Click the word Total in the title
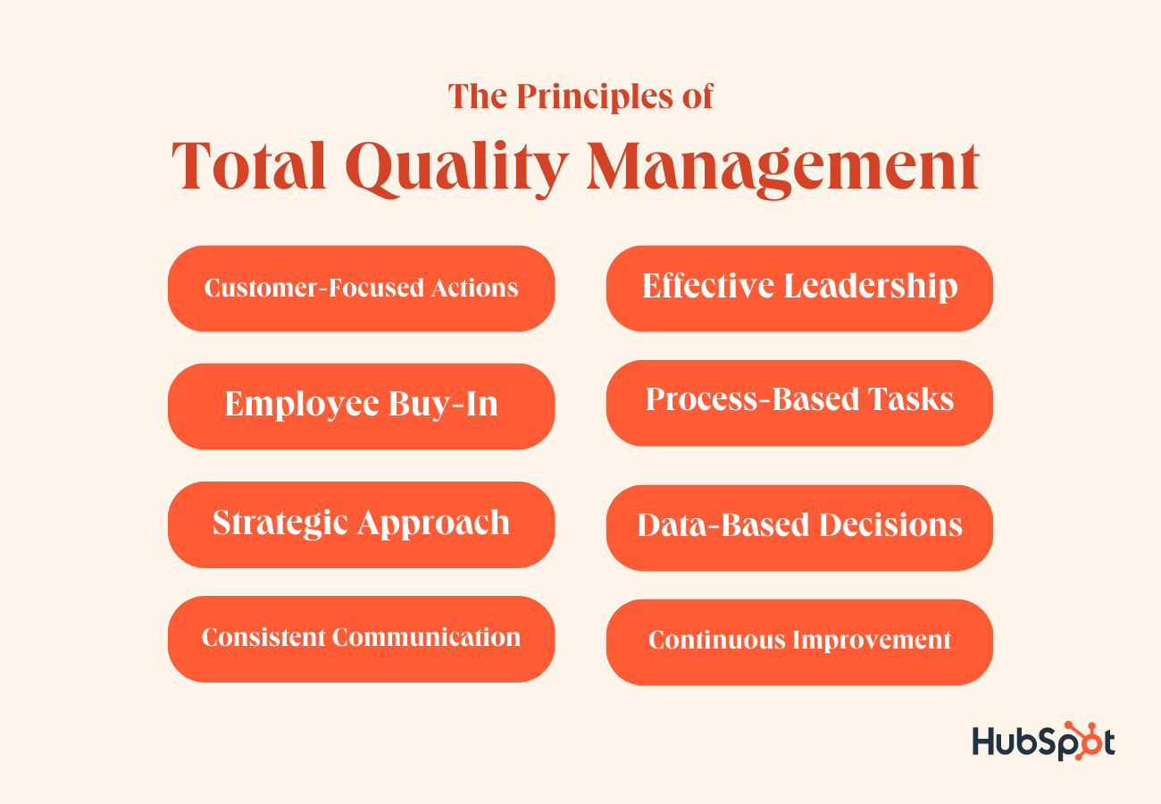pyautogui.click(x=249, y=165)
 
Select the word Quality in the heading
pyautogui.click(x=457, y=169)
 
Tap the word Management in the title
pyautogui.click(x=782, y=169)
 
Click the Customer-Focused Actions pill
pyautogui.click(x=362, y=289)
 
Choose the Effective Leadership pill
pyautogui.click(x=799, y=289)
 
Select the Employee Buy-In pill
pyautogui.click(x=362, y=406)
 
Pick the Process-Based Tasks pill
pyautogui.click(x=799, y=403)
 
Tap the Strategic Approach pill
pyautogui.click(x=362, y=524)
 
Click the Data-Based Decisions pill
pyautogui.click(x=799, y=528)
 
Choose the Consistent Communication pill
pyautogui.click(x=362, y=639)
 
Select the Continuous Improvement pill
pyautogui.click(x=799, y=642)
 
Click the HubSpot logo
pyautogui.click(x=1043, y=741)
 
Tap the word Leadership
pyautogui.click(x=871, y=286)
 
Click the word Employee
pyautogui.click(x=302, y=405)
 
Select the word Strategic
pyautogui.click(x=280, y=523)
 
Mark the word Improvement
pyautogui.click(x=873, y=641)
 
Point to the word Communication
pyautogui.click(x=426, y=637)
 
